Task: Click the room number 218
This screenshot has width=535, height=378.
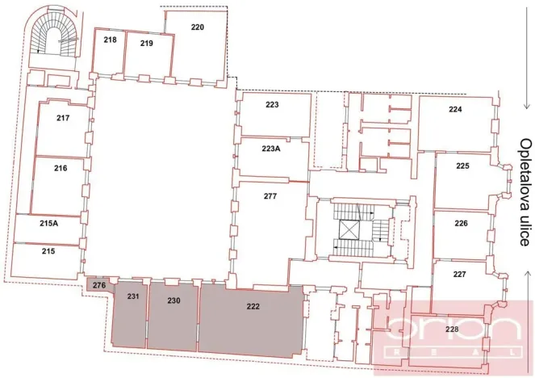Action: pos(111,40)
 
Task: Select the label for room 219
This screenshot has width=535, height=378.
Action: pos(146,43)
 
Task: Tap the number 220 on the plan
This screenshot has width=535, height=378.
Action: pos(198,27)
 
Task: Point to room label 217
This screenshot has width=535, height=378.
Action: pos(62,118)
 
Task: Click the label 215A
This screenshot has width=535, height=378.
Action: pos(48,224)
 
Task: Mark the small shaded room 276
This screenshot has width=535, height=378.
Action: pos(98,284)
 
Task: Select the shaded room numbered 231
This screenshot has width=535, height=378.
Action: pos(133,297)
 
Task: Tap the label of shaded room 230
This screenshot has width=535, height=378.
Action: pos(173,301)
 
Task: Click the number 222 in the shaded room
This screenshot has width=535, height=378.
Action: pos(252,306)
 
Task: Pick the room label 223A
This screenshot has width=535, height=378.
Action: pos(272,149)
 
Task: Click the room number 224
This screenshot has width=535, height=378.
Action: pos(456,110)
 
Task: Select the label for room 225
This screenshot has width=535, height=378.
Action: pos(462,166)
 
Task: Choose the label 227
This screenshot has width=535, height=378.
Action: pos(459,275)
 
